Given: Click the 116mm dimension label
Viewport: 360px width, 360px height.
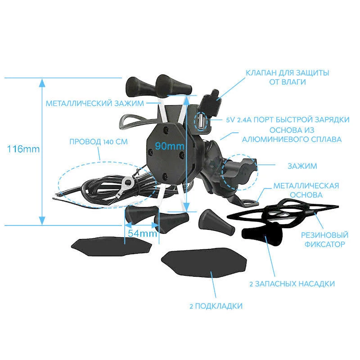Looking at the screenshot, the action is (23, 149).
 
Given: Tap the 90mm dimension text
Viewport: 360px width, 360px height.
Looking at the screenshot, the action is (170, 146).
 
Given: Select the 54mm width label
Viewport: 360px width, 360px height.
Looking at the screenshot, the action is (143, 234).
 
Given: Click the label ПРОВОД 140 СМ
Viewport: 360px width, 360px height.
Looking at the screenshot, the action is (99, 142).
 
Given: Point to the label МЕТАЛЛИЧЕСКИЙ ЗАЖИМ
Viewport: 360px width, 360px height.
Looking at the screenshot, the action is (95, 103).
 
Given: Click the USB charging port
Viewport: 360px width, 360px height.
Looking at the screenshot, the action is (200, 120).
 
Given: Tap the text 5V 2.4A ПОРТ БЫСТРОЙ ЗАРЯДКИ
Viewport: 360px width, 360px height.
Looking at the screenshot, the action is (288, 120).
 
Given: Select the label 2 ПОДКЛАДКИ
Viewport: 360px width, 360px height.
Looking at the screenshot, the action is (216, 306).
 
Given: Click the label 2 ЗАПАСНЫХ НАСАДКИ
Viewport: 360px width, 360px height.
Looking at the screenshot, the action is (292, 284).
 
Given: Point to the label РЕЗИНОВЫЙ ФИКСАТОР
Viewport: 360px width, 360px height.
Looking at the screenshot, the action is (324, 239).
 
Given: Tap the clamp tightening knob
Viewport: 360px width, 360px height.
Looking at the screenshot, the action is (239, 172).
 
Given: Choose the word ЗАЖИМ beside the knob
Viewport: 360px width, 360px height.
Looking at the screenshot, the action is (302, 166).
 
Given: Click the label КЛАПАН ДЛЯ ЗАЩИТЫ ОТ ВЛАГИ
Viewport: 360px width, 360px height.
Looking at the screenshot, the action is (288, 77).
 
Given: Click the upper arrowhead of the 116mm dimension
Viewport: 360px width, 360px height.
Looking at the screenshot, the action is (42, 83).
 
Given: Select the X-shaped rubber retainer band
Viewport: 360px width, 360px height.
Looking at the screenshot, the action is (283, 211).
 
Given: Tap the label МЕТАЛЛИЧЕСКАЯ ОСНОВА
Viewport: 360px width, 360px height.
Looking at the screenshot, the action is (306, 190).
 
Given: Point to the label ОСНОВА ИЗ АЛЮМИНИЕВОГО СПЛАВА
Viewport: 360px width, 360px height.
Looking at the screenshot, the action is (292, 135).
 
